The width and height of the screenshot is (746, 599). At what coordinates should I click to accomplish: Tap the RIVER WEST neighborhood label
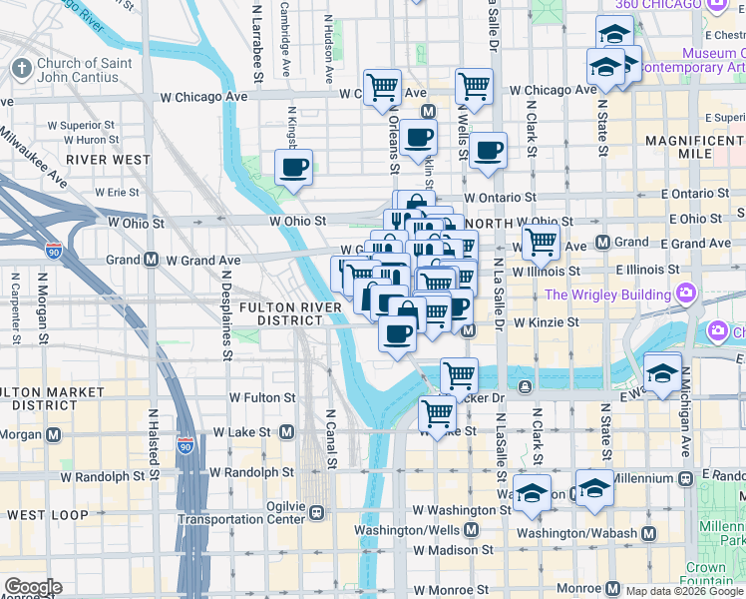(x=109, y=159)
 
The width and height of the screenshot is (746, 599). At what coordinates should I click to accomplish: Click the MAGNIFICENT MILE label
(x=694, y=149)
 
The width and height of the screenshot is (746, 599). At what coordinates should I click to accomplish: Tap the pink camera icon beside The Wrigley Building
(x=686, y=295)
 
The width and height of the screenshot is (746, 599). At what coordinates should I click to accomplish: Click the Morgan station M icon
(x=52, y=435)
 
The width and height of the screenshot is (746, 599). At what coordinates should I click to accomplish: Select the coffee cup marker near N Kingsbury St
(x=293, y=168)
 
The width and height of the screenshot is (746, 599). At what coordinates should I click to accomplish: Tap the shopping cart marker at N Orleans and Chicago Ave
(x=382, y=87)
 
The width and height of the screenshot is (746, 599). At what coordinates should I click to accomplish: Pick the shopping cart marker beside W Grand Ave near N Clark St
(x=541, y=241)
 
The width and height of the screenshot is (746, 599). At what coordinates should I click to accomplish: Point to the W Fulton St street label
(x=262, y=397)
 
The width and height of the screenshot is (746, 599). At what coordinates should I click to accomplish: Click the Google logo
(x=32, y=587)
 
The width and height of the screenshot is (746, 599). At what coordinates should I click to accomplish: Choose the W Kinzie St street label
(x=547, y=322)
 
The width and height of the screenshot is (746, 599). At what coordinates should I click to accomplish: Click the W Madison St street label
(x=453, y=549)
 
